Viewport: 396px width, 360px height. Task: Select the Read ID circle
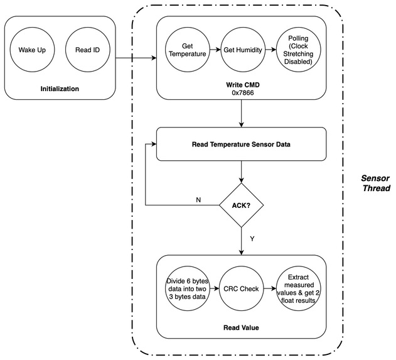click(x=88, y=50)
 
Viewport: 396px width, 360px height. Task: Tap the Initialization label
click(x=60, y=89)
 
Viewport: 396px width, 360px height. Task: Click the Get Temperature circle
click(x=187, y=50)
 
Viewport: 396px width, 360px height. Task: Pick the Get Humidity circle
click(x=242, y=50)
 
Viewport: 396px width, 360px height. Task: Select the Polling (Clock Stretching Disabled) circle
click(x=297, y=50)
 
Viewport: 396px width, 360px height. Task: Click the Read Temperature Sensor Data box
click(x=241, y=143)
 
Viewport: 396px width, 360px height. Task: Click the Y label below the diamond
click(x=252, y=238)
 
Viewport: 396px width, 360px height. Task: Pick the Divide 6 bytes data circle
click(x=187, y=290)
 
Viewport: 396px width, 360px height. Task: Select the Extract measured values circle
click(x=298, y=290)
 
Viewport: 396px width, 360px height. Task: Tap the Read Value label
click(x=242, y=328)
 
